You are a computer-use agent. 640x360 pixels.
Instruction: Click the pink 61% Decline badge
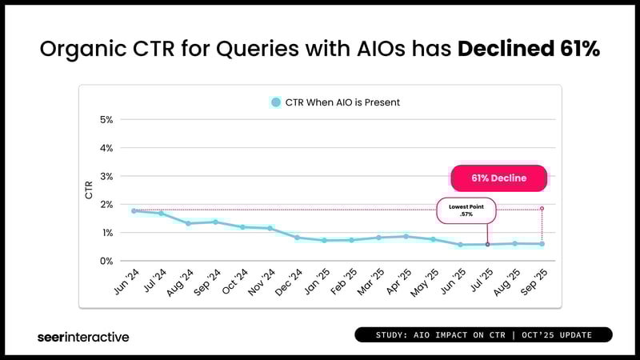(x=498, y=178)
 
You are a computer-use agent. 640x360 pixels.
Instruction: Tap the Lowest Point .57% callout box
(x=466, y=211)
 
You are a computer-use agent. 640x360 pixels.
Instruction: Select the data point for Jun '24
(x=134, y=210)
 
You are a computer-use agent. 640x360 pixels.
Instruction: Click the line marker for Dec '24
(x=297, y=238)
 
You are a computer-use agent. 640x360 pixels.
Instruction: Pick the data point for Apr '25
(x=406, y=236)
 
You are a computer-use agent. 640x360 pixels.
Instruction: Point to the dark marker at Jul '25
(x=487, y=244)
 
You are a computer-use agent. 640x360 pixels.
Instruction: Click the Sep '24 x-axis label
(x=207, y=280)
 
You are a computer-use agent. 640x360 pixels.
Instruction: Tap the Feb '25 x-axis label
(x=343, y=280)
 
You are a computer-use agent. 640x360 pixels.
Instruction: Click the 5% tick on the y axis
(x=106, y=120)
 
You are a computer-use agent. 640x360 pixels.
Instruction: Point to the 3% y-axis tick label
(x=106, y=176)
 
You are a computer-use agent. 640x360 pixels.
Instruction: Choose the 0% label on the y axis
(x=106, y=261)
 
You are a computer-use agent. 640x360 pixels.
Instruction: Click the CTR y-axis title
(x=89, y=190)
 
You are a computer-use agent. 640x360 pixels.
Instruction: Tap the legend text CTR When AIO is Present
(x=342, y=102)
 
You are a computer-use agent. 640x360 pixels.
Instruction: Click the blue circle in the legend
(x=276, y=102)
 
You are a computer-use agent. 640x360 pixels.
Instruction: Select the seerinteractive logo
(x=83, y=337)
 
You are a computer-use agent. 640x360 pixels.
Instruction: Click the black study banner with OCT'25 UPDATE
(x=483, y=334)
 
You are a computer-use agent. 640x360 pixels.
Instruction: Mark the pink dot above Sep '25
(x=542, y=208)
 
